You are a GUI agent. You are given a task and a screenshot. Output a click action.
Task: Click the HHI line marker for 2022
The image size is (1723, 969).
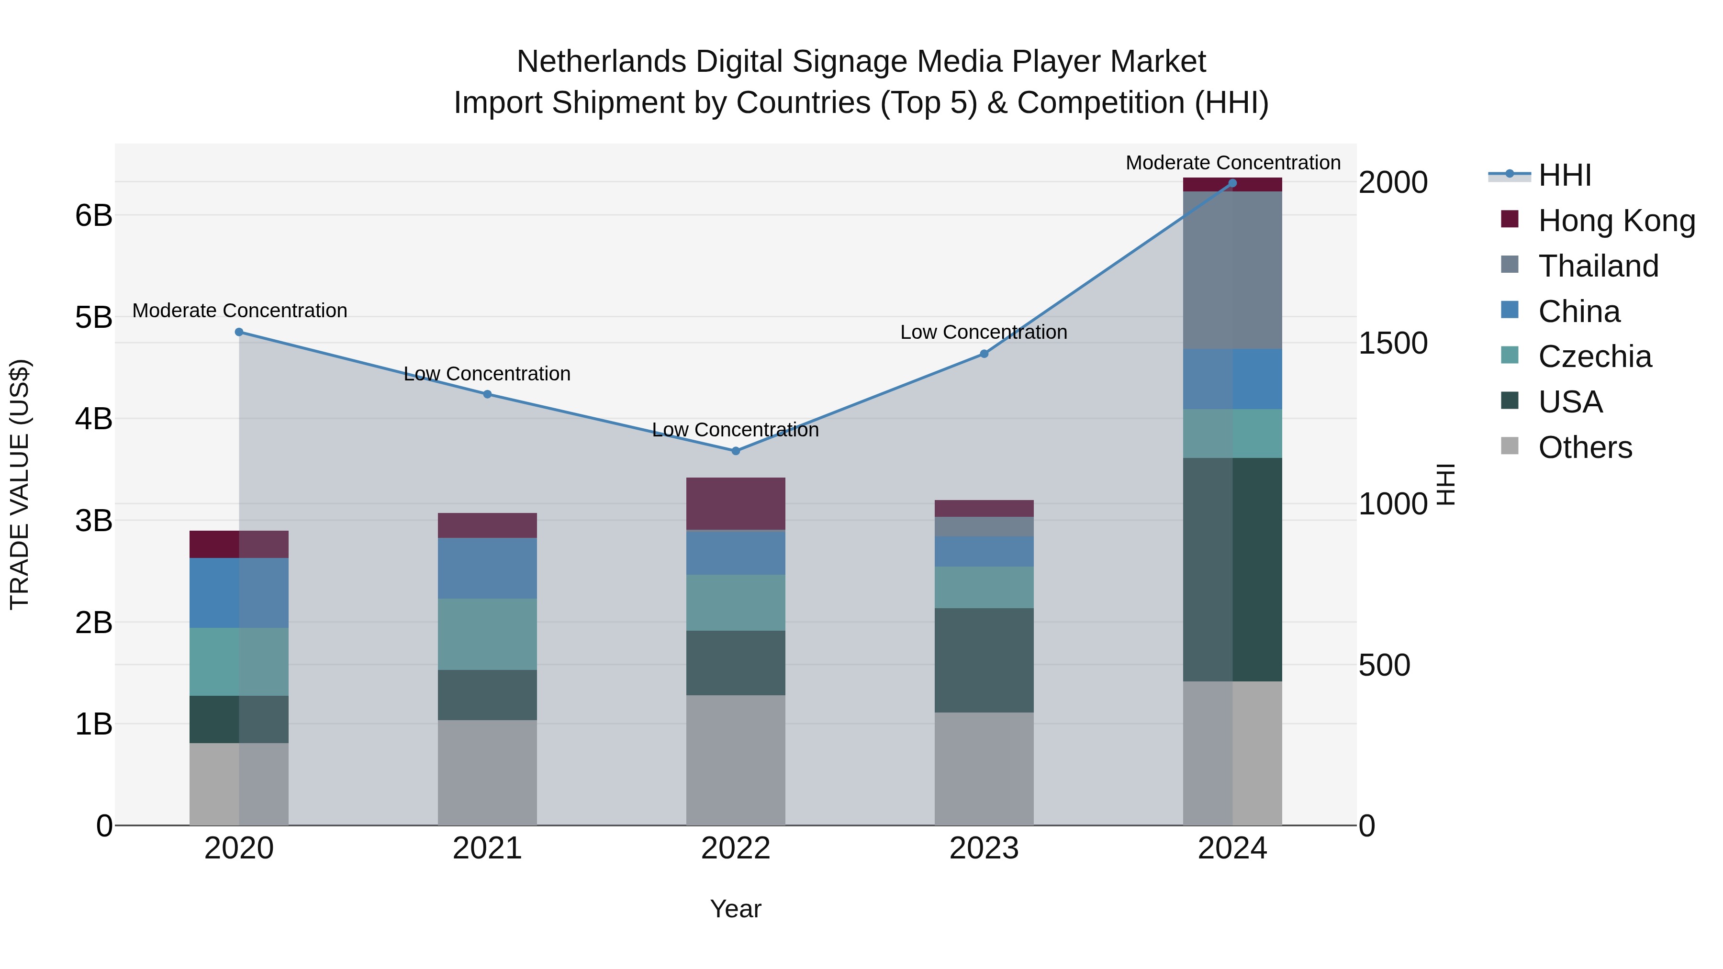(x=736, y=451)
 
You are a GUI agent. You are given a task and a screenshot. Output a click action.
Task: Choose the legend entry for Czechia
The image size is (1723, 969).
(x=1595, y=356)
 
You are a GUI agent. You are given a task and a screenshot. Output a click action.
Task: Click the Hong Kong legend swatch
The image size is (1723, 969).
(x=1510, y=219)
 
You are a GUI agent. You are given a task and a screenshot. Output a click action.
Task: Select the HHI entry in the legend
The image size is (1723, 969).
(x=1565, y=175)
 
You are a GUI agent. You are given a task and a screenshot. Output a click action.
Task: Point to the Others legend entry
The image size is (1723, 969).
(x=1585, y=447)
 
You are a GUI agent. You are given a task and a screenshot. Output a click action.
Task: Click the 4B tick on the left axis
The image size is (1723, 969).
(x=94, y=419)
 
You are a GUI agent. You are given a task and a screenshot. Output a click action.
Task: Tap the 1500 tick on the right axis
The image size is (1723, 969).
(x=1393, y=343)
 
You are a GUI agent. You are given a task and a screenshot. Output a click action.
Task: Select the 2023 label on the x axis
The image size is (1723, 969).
(x=984, y=848)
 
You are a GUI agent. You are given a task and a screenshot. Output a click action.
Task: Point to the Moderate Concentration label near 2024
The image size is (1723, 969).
(x=1233, y=163)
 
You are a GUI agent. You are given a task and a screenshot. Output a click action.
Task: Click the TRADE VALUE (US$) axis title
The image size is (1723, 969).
(x=20, y=484)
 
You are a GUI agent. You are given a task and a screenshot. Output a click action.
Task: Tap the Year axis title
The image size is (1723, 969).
(x=736, y=909)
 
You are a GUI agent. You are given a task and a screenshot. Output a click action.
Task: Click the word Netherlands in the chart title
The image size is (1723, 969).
(x=601, y=62)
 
